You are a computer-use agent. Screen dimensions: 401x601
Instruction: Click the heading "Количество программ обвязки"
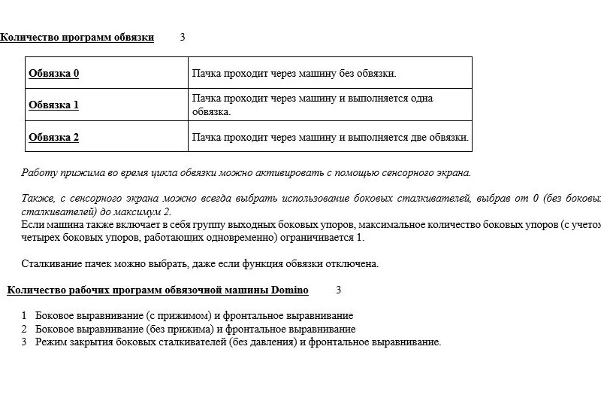pyautogui.click(x=77, y=37)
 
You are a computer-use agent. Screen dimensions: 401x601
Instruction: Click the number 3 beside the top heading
pyautogui.click(x=183, y=37)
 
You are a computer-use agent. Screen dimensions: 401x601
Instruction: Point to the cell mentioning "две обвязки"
pyautogui.click(x=330, y=137)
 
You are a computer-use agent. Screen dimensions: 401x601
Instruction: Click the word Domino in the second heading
pyautogui.click(x=289, y=290)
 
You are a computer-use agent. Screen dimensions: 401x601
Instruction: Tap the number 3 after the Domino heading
pyautogui.click(x=338, y=290)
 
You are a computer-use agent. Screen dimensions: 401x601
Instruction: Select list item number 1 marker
pyautogui.click(x=24, y=316)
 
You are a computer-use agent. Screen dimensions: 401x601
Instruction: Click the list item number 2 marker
pyautogui.click(x=24, y=329)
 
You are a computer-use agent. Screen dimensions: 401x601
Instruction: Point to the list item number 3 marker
pyautogui.click(x=24, y=342)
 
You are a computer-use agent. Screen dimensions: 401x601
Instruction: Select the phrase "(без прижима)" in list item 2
pyautogui.click(x=179, y=329)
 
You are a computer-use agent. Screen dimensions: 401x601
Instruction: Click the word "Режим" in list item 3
pyautogui.click(x=51, y=342)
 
